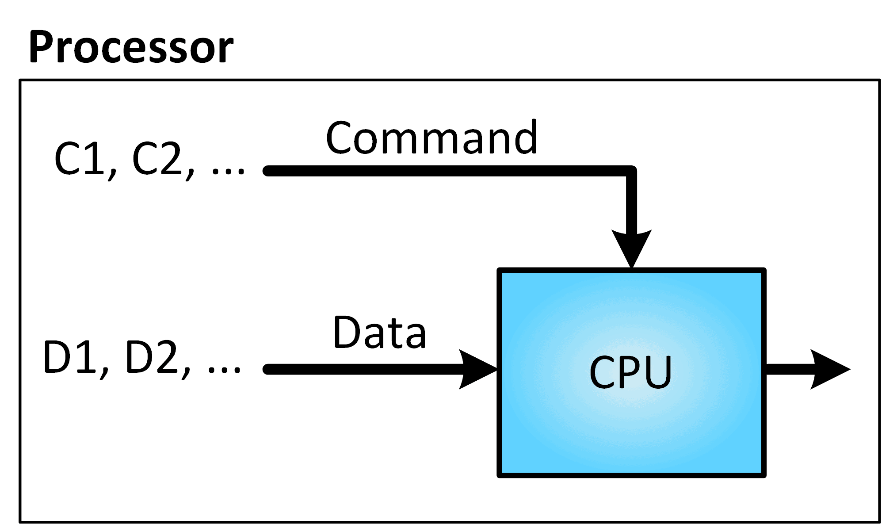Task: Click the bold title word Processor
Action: pyautogui.click(x=131, y=48)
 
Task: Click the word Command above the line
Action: pyautogui.click(x=431, y=138)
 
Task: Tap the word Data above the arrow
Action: pyautogui.click(x=379, y=333)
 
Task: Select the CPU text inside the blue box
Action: pyautogui.click(x=630, y=372)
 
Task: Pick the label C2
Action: pyautogui.click(x=157, y=159)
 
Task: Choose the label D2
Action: pyautogui.click(x=152, y=357)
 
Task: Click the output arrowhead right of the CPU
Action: pyautogui.click(x=829, y=369)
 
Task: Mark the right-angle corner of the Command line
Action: pyautogui.click(x=631, y=171)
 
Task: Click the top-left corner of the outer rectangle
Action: pyautogui.click(x=20, y=80)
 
